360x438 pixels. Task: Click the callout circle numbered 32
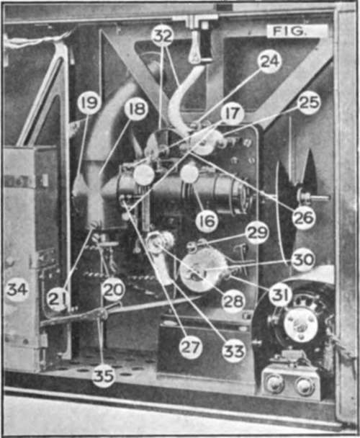163,36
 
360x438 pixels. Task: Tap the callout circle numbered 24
269,62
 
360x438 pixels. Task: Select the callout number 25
309,103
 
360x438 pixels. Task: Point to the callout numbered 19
89,103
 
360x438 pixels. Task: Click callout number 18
136,109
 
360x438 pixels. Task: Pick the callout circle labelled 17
233,113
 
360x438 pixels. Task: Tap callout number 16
207,221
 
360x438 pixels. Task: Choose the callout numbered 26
304,218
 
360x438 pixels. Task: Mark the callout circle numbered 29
257,233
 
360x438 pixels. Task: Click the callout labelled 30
303,260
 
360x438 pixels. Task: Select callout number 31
280,295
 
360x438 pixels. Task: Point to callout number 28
233,301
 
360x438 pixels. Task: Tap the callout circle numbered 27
191,347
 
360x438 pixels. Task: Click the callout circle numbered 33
233,351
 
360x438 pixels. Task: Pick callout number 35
104,376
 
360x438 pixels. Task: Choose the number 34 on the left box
17,290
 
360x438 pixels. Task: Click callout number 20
113,290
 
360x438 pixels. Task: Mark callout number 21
58,300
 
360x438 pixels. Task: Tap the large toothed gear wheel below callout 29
203,270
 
